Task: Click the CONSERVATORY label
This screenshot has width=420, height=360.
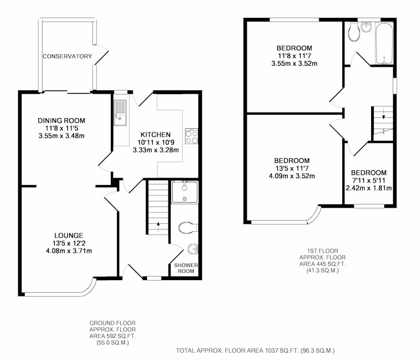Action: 67,56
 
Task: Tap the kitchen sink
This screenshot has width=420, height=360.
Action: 120,112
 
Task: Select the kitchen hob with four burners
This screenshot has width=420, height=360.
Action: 191,136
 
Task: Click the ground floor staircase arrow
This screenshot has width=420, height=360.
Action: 158,227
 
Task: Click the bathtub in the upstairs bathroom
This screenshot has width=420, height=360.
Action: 384,44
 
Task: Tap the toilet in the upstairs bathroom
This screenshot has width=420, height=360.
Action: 354,32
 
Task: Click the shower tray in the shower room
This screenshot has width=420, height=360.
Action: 185,192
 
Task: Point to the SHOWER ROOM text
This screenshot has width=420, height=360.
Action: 186,268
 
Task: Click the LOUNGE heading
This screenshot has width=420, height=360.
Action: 69,235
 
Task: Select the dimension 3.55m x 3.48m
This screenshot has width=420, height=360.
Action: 61,136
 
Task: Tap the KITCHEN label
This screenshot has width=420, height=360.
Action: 155,135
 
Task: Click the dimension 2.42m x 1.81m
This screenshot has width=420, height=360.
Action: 369,188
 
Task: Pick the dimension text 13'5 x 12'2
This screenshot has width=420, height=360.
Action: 69,243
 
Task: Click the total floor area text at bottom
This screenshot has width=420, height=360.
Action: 255,351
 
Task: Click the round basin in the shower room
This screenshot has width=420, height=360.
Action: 193,249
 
